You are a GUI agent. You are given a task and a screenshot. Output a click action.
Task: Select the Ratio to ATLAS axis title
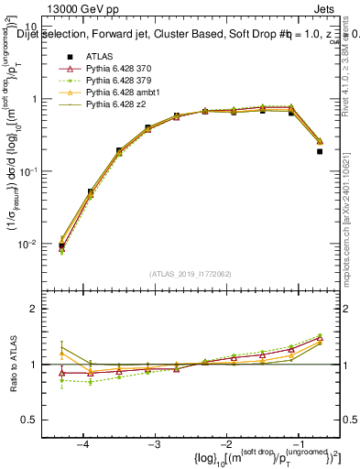pos(12,364)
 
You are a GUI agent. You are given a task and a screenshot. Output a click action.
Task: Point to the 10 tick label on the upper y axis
pos(38,27)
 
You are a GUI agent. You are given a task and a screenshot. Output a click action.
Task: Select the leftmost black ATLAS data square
pos(61,245)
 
